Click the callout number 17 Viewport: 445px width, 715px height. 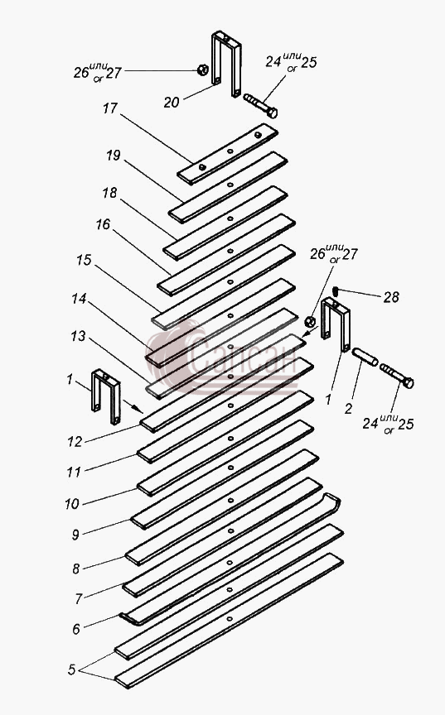tap(110, 108)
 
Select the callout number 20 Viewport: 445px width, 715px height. tap(172, 102)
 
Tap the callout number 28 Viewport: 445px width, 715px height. tap(391, 297)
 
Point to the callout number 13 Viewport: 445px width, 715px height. tap(78, 337)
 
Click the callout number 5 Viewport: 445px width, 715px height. tap(71, 669)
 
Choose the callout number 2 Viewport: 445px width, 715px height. tap(348, 409)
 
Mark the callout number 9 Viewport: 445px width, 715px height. tap(75, 535)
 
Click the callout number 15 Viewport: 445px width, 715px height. tap(84, 261)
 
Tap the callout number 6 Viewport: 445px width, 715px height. tap(76, 629)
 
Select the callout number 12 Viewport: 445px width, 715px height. tap(75, 441)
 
